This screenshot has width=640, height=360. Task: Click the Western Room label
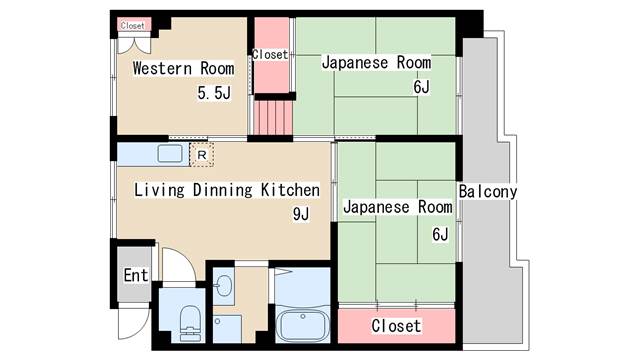click(x=184, y=68)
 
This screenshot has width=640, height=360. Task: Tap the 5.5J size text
click(x=214, y=93)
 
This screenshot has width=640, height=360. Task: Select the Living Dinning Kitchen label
click(x=227, y=190)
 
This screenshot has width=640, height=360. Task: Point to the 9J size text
click(x=301, y=214)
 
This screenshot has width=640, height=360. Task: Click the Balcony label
click(x=488, y=191)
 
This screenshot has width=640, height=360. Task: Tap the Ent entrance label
click(x=136, y=275)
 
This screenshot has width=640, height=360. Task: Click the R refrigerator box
click(x=202, y=155)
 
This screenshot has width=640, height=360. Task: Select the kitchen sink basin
click(x=170, y=154)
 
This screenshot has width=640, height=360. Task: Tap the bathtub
click(x=302, y=325)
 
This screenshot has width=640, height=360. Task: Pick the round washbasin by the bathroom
click(x=224, y=285)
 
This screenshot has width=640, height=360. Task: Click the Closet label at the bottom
click(x=396, y=326)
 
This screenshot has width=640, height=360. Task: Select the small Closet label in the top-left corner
click(x=133, y=25)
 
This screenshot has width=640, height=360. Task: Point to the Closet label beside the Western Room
click(x=270, y=54)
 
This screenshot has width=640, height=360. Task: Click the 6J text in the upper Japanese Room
click(x=421, y=87)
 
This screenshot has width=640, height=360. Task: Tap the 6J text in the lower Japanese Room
click(x=440, y=234)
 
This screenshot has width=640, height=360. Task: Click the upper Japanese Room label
click(x=376, y=62)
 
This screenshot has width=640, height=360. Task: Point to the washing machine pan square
click(x=227, y=329)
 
